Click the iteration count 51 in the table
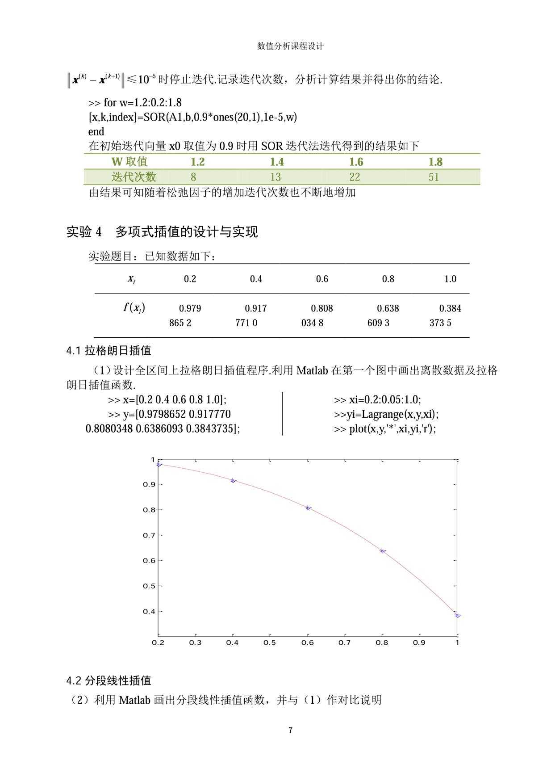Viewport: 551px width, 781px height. tap(434, 177)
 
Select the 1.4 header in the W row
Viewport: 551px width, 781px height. tap(277, 162)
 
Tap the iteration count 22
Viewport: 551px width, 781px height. tap(355, 177)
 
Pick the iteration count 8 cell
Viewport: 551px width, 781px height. tap(193, 177)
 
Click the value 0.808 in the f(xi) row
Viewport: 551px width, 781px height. tap(322, 308)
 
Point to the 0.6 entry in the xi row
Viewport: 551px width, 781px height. tap(322, 279)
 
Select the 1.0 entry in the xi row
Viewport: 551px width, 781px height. tap(450, 279)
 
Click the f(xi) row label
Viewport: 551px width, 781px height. tap(134, 308)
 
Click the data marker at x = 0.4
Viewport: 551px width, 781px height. tap(233, 481)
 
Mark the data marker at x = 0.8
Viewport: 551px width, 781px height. tap(383, 551)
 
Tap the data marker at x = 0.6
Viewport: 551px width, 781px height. tap(308, 508)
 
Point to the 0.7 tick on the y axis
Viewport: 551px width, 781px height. tap(149, 535)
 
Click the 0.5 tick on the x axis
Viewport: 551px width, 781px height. tap(269, 642)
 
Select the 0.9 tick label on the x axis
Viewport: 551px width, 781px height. tap(419, 642)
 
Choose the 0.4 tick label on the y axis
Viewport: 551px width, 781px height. tap(149, 612)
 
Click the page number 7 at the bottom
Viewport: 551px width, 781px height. tap(290, 730)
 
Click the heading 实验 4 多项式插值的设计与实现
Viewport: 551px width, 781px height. tap(162, 232)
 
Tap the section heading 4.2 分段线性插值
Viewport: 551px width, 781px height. tap(109, 680)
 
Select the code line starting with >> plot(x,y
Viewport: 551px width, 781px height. tap(385, 429)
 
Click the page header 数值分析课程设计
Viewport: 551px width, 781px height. tap(290, 46)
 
